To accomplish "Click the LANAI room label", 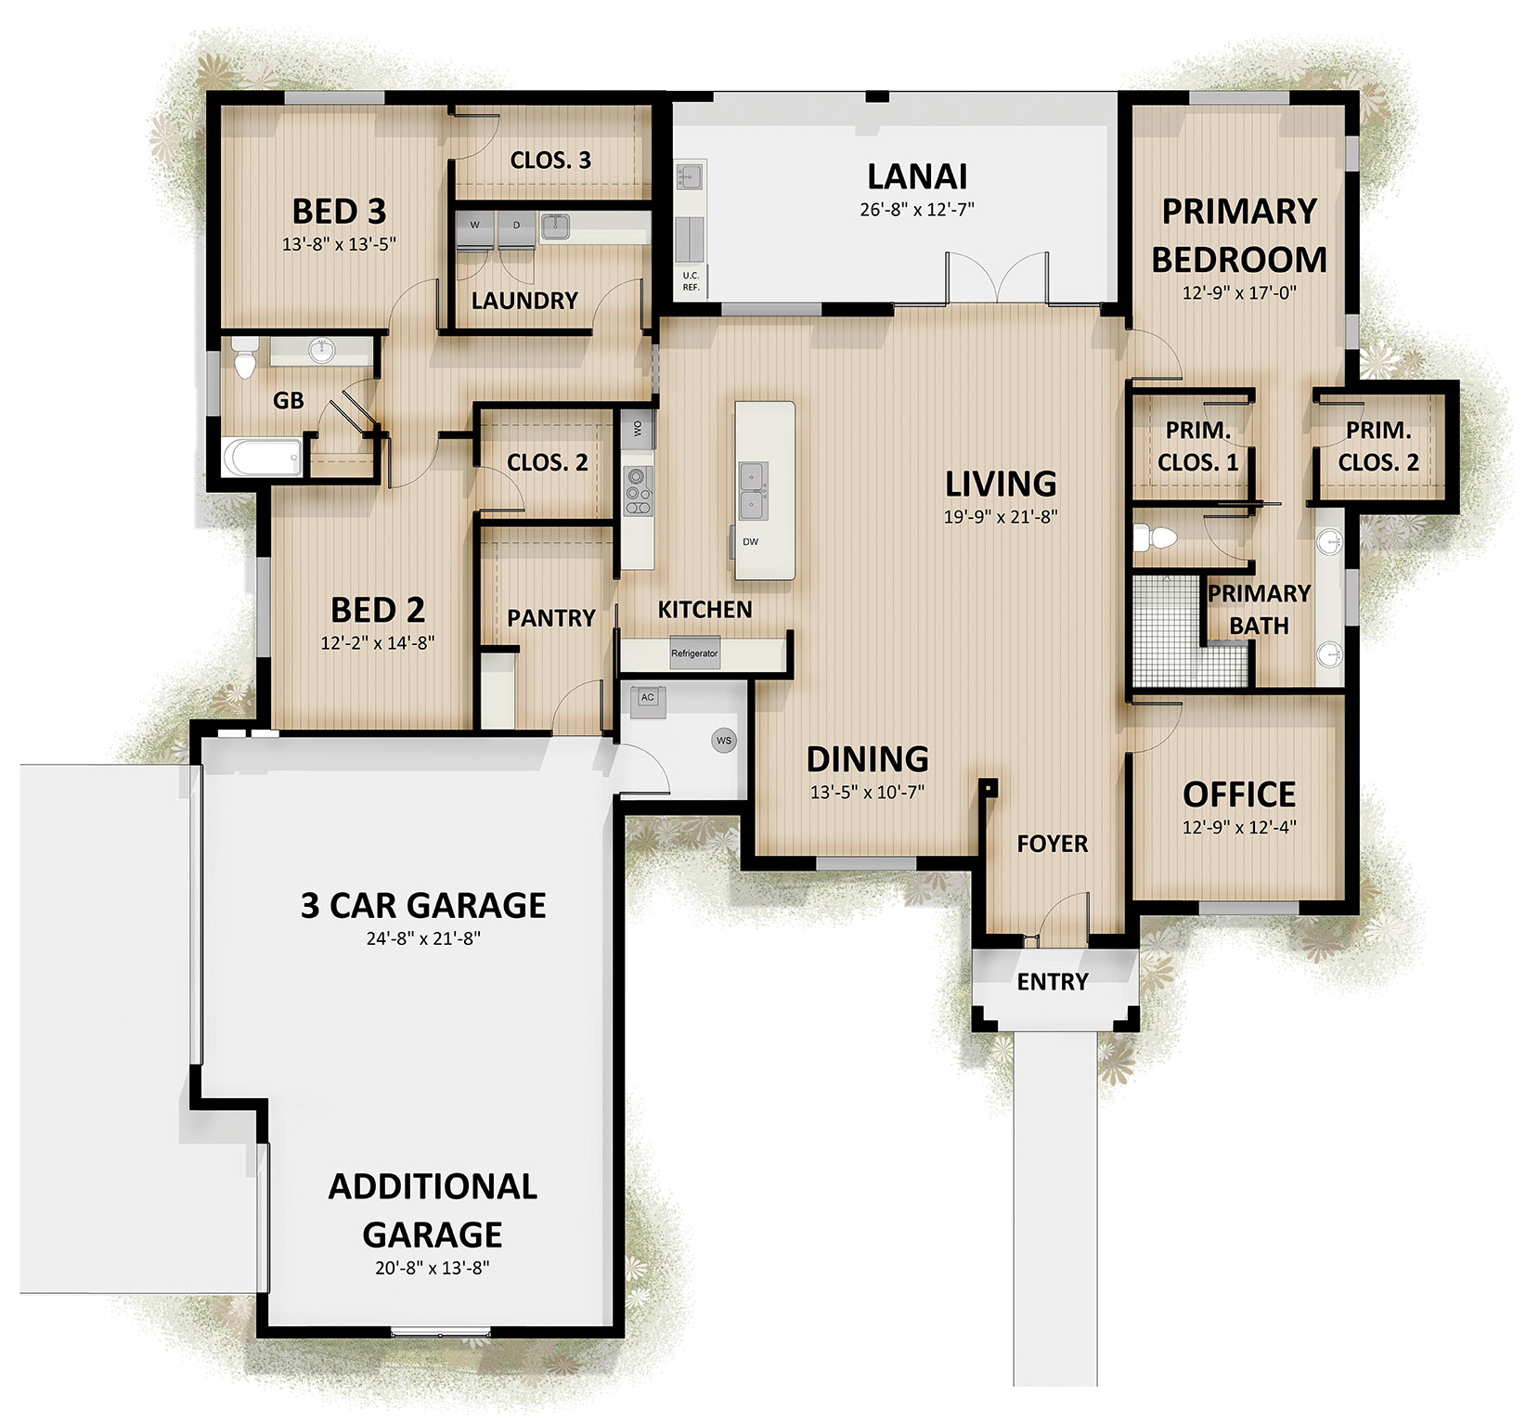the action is (917, 175).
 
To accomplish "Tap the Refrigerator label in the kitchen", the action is (694, 653).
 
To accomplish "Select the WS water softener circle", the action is (724, 741).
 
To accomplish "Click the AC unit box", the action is (648, 699).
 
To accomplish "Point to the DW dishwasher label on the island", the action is (750, 541).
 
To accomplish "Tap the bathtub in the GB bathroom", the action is (263, 458).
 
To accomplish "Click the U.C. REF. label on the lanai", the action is (691, 281).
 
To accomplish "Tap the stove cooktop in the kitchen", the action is (639, 489).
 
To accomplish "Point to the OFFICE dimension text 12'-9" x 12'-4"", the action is (1239, 826).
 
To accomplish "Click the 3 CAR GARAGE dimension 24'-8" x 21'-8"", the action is (423, 937).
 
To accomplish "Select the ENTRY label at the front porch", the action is (1053, 981).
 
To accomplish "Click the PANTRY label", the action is (551, 617).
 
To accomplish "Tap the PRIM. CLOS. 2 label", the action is (1378, 446).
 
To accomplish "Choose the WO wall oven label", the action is (638, 428).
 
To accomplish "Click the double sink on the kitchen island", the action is (752, 489).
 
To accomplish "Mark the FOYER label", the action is (1053, 844).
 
